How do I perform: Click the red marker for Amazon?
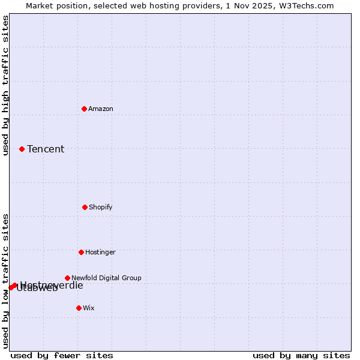[x=84, y=109]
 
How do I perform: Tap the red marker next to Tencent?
[x=22, y=149]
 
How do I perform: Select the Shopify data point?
[x=85, y=207]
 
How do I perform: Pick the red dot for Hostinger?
[x=81, y=252]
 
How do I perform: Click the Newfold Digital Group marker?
[x=67, y=278]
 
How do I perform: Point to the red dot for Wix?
[x=79, y=308]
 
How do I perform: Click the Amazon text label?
[x=101, y=109]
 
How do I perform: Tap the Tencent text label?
[x=46, y=149]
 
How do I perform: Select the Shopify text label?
[x=101, y=207]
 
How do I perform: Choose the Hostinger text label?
[x=100, y=252]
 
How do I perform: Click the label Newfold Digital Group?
[x=106, y=278]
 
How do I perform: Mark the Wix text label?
[x=89, y=308]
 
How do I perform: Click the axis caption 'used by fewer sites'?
[x=62, y=355]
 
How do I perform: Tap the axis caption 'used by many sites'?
[x=301, y=355]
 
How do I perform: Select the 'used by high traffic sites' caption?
[x=6, y=85]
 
